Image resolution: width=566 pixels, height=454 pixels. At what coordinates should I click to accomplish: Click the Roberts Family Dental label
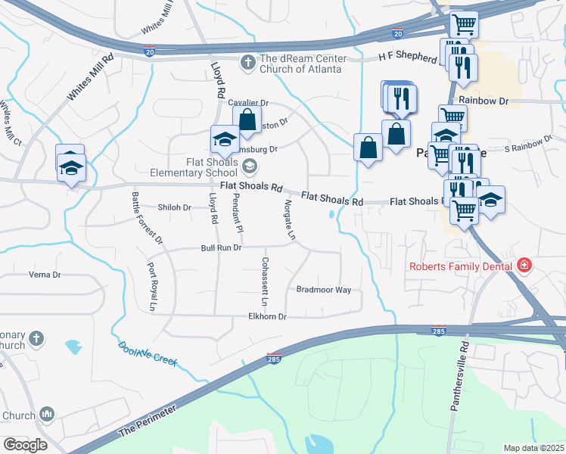461,266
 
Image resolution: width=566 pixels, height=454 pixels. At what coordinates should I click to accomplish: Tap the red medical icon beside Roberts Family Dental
523,266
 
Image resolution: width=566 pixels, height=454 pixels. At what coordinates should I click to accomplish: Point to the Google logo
25,444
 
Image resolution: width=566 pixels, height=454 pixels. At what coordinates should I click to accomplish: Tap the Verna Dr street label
43,274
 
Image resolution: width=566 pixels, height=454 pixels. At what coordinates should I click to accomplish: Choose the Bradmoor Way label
323,289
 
